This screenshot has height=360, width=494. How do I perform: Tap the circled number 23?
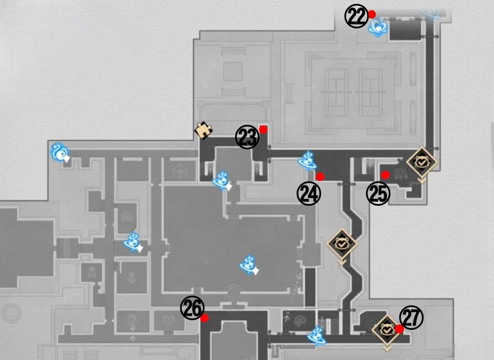246,137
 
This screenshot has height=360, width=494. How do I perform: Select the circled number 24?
309,193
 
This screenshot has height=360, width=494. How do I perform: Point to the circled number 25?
378,194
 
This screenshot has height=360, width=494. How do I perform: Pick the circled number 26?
192,308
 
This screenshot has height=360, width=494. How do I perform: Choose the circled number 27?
411,317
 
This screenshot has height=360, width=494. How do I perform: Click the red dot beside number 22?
371,13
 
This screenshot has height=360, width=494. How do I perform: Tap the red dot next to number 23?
263,129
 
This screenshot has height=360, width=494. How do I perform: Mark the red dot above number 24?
320,176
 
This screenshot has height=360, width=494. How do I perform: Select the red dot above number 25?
386,175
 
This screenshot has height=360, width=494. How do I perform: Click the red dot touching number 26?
204,317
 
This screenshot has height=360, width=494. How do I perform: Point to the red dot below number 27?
399,329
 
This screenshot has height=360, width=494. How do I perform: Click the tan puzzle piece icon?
204,130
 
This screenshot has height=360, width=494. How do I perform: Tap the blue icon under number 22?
379,26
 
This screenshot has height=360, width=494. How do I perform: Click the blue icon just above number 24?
307,160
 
